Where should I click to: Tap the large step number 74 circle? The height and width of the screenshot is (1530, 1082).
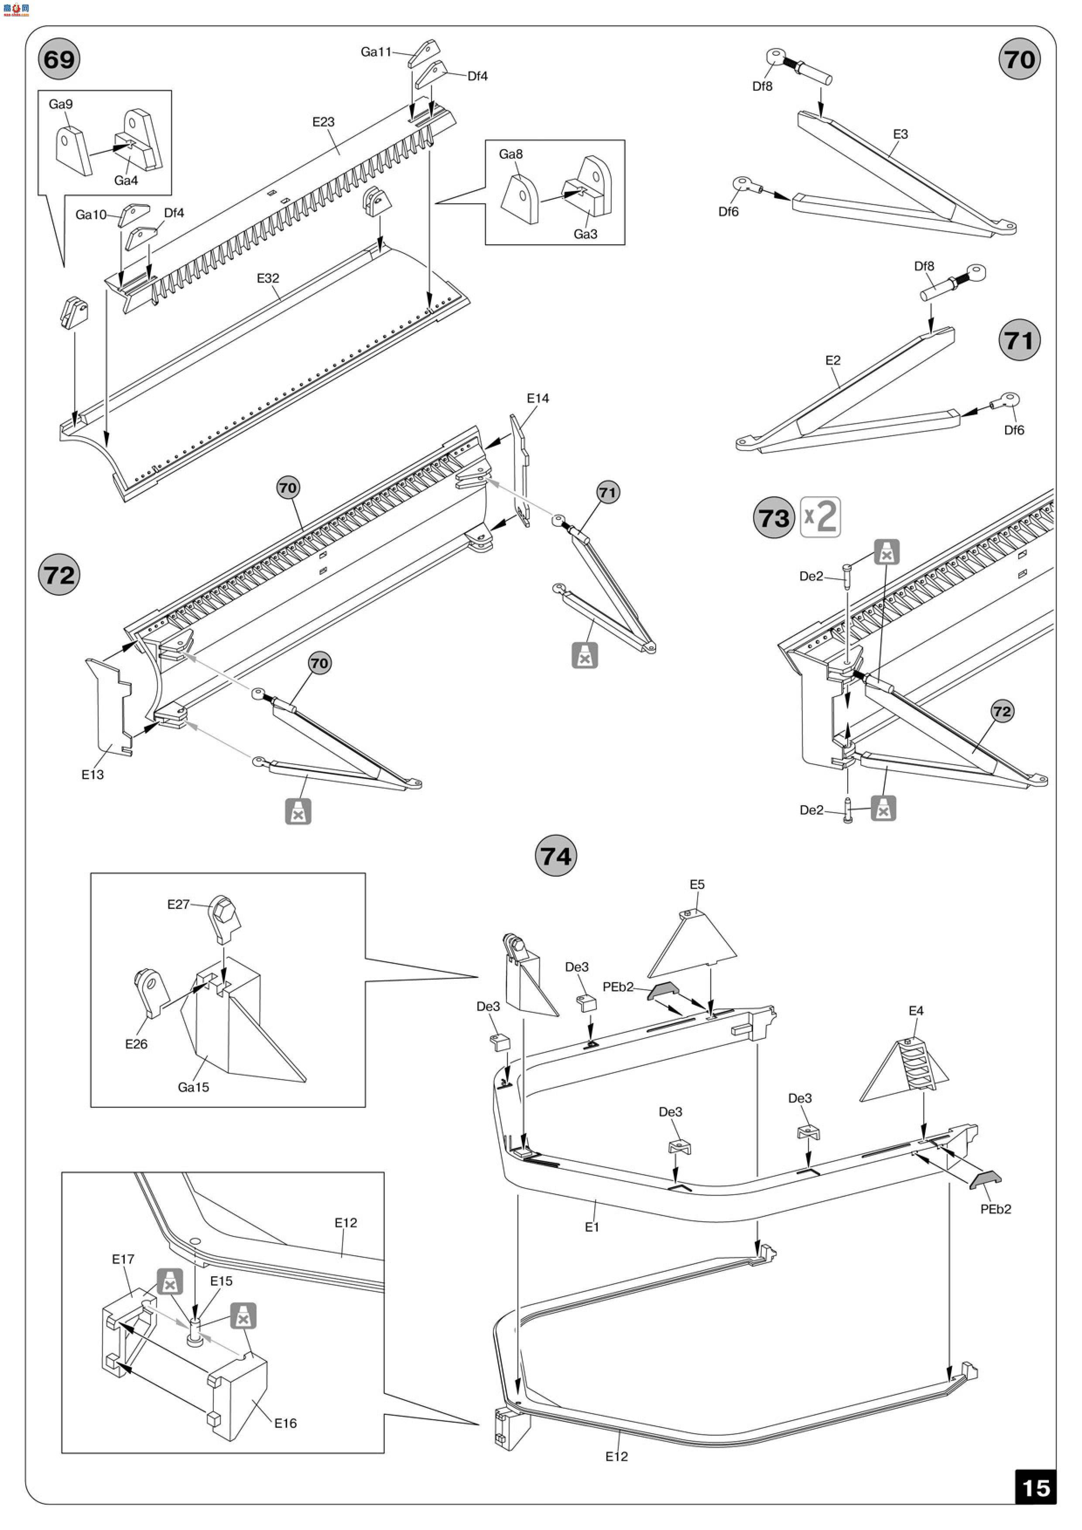tap(555, 856)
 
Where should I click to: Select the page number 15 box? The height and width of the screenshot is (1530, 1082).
tap(1035, 1488)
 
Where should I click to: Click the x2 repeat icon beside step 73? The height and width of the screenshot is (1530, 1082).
tap(820, 517)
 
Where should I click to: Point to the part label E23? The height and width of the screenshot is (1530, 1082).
tap(323, 122)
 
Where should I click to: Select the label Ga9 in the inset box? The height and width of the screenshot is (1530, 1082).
tap(61, 104)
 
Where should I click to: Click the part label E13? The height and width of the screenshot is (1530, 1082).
tap(92, 774)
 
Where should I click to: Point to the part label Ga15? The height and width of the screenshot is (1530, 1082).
tap(193, 1087)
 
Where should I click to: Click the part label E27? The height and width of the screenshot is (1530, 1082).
tap(178, 904)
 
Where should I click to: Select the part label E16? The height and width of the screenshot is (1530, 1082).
tap(285, 1423)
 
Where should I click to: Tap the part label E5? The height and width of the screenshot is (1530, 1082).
tap(697, 884)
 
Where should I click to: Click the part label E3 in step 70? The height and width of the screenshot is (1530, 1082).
tap(900, 134)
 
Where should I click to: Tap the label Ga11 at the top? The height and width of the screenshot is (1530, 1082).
tap(376, 51)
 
